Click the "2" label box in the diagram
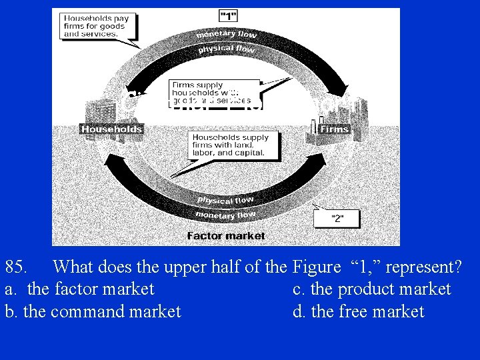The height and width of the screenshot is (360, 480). click(337, 218)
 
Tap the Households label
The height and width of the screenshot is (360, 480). click(112, 129)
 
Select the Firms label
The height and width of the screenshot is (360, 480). click(333, 129)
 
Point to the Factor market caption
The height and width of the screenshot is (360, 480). click(226, 235)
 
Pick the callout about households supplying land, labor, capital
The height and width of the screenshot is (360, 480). click(230, 145)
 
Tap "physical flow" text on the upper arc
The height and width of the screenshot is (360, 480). click(227, 49)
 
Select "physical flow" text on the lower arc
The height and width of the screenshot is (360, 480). click(225, 199)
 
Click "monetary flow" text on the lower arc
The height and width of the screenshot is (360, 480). click(225, 214)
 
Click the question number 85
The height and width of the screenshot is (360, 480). click(16, 267)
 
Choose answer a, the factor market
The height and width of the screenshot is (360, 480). click(79, 289)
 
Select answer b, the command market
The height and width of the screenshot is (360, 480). click(93, 311)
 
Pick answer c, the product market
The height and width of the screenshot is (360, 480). click(372, 289)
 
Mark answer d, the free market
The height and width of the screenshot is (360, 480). click(359, 311)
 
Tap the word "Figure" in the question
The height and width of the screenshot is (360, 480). click(316, 267)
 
